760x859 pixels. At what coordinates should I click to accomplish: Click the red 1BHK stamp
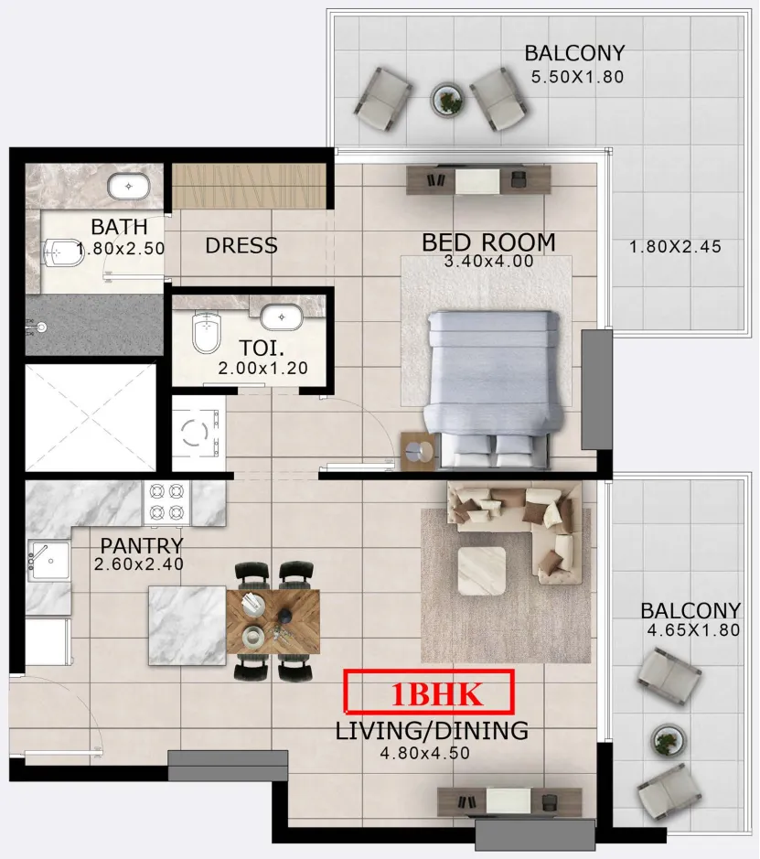coord(429,692)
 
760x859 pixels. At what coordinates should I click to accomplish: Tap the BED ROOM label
coord(488,242)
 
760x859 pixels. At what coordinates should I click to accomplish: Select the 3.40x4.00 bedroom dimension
coord(488,262)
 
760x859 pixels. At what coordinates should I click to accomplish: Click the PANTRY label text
coord(142,545)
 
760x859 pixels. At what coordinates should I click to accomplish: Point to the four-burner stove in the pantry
coord(166,502)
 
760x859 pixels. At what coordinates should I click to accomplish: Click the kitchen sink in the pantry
coord(49,561)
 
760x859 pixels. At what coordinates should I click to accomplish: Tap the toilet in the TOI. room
coord(206,332)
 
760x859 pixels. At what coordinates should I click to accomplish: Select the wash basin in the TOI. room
coord(281,317)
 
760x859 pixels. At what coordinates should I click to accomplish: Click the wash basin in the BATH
coord(129,187)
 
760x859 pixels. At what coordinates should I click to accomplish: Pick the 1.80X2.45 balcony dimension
coord(675,246)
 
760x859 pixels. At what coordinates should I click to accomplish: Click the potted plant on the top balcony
coord(448,99)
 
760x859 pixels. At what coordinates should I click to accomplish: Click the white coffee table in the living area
coord(482,570)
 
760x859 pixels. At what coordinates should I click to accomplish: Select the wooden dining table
coord(273,621)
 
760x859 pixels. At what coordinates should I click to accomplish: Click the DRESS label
coord(241,245)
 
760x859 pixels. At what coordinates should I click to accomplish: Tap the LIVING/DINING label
coord(432,731)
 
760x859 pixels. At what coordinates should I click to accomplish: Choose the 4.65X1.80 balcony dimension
coord(694,630)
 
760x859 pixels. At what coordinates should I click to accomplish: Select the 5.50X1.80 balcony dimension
coord(578,77)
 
